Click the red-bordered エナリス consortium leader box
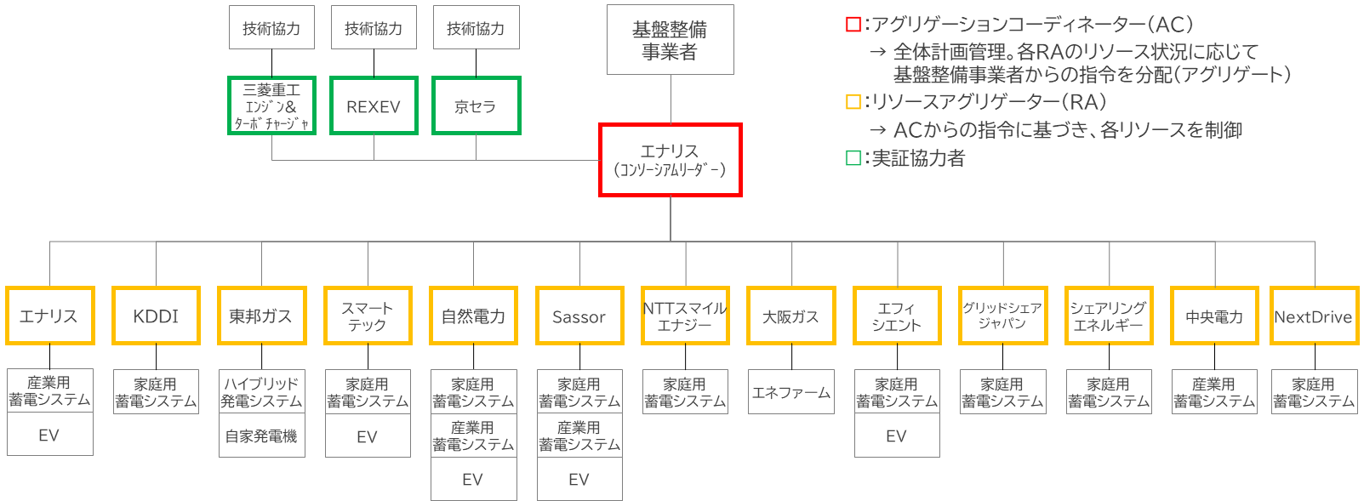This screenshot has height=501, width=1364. pos(671,160)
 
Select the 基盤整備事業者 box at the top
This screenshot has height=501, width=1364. pos(671,40)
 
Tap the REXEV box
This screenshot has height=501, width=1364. pos(374,106)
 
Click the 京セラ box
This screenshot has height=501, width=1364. pos(476,106)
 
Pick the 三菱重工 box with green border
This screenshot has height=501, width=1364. pos(271,106)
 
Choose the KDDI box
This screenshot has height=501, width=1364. pos(156,316)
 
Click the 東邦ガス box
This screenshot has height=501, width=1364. pos(261,316)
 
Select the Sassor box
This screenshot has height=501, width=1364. pos(579,316)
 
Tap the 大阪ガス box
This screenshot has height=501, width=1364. pos(791,316)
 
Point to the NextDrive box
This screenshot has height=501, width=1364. pos(1313,316)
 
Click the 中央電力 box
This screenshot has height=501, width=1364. pos(1214,316)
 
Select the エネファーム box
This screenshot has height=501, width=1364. pos(791,392)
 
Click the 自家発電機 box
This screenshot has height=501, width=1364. pos(261,436)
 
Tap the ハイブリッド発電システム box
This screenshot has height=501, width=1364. pos(261,392)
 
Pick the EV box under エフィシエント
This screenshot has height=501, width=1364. pos(897,436)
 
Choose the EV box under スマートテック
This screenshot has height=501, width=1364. pos(368,436)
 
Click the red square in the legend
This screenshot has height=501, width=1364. pos(853,25)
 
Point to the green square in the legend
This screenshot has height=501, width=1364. pos(853,158)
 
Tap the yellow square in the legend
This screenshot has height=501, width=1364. pos(853,102)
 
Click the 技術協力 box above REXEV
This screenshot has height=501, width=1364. pos(374,28)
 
